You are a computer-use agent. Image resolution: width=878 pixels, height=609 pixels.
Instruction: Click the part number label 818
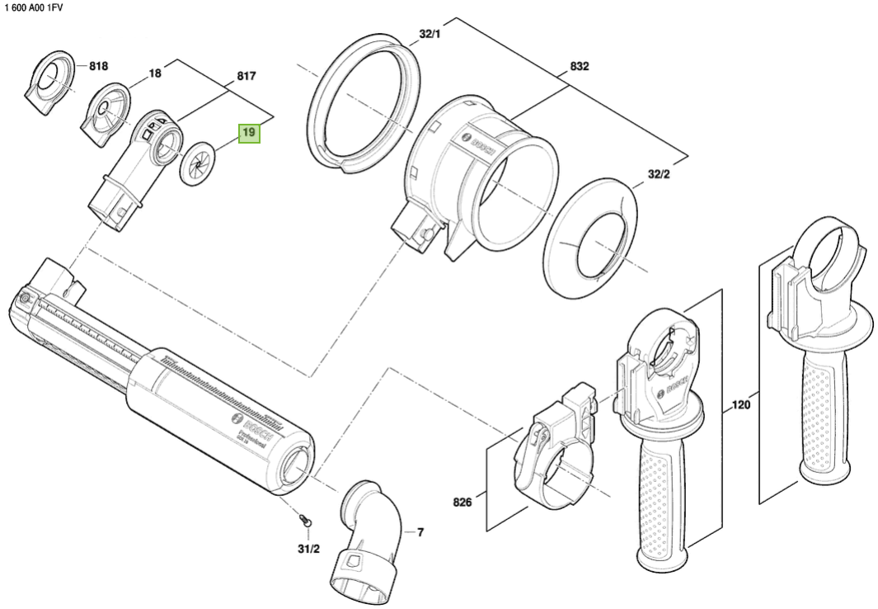[99, 65]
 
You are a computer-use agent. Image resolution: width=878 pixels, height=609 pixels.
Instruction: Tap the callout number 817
[246, 76]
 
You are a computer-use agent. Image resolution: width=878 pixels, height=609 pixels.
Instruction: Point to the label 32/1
[430, 34]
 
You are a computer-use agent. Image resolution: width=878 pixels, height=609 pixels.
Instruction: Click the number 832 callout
[580, 68]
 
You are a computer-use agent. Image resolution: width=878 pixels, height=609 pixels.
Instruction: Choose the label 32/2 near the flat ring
[660, 174]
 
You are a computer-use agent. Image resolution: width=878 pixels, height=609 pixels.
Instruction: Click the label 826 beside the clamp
[462, 502]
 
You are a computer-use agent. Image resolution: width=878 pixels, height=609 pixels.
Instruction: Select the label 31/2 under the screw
[309, 548]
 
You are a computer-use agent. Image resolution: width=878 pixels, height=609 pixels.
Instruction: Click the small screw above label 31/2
[306, 522]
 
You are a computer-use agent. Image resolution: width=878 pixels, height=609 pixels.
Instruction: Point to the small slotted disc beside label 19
[198, 159]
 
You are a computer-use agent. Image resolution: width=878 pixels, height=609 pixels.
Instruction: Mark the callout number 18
[155, 73]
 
